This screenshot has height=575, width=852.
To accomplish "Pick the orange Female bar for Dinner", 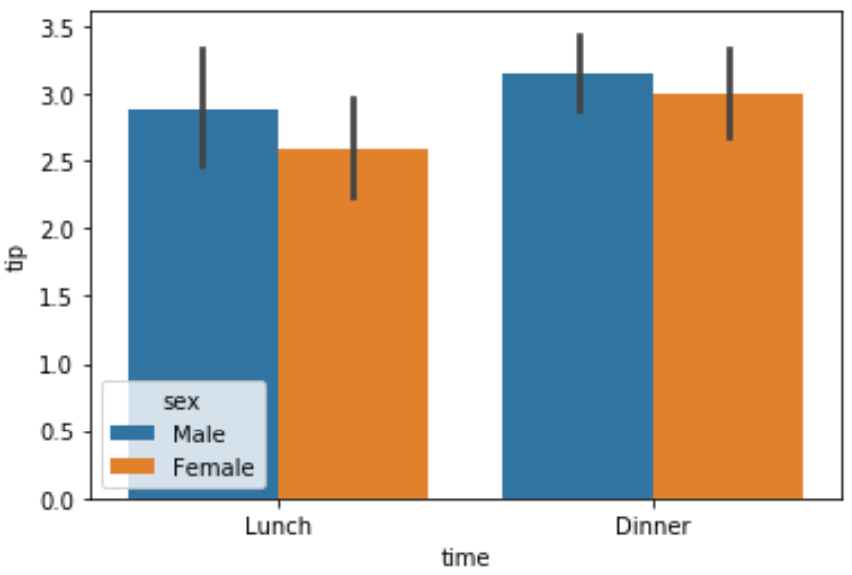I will [727, 299].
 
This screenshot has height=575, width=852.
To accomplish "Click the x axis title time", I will [465, 558].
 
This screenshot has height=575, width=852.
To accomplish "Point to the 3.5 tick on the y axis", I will [52, 27].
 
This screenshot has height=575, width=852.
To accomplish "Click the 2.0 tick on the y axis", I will [52, 229].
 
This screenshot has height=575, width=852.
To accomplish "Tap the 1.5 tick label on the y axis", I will [52, 297].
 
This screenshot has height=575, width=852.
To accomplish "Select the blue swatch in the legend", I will [133, 433].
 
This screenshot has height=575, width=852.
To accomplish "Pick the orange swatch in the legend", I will [133, 466].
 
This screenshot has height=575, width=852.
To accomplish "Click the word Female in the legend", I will [213, 466].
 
